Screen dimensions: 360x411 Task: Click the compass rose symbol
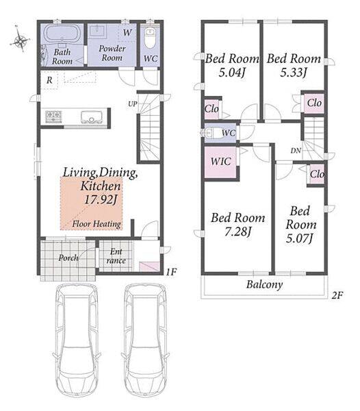(21, 39)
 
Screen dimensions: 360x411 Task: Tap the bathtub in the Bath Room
(62, 34)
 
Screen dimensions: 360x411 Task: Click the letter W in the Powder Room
(127, 32)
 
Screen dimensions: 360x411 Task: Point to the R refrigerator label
(49, 80)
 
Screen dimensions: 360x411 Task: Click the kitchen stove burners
(53, 116)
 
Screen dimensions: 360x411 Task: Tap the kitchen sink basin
(92, 117)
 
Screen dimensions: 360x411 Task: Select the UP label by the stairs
(133, 104)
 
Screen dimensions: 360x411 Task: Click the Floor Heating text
(97, 224)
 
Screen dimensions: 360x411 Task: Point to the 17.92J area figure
(101, 200)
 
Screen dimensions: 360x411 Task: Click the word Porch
(68, 258)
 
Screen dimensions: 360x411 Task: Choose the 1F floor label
(171, 272)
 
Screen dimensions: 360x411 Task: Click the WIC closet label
(221, 161)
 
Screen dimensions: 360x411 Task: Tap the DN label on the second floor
(296, 151)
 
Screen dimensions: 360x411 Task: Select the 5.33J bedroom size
(294, 72)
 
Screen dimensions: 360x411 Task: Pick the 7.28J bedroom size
(238, 232)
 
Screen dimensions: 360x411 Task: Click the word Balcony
(264, 285)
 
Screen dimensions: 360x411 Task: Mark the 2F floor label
(337, 295)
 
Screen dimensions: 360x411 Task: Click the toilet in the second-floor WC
(210, 133)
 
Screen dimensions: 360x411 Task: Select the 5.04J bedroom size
(232, 72)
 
